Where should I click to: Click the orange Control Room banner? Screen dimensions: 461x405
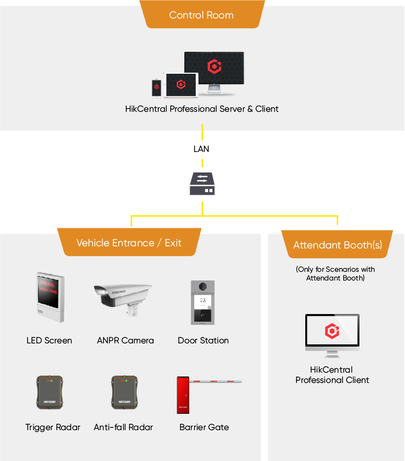[x=201, y=15]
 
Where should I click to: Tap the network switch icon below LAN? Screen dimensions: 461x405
[x=202, y=183]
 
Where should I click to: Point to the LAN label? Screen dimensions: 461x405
[x=202, y=149]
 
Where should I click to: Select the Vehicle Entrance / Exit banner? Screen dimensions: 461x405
[x=129, y=242]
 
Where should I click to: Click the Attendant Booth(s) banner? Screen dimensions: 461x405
[x=337, y=245]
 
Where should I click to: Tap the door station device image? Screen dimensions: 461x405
[x=203, y=303]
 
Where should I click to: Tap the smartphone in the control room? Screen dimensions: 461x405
[x=157, y=87]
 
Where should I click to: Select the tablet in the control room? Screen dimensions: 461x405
[x=181, y=85]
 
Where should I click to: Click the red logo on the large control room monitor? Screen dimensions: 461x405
[x=214, y=67]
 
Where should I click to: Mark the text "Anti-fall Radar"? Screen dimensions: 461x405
[x=123, y=427]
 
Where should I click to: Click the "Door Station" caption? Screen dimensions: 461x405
[x=203, y=341]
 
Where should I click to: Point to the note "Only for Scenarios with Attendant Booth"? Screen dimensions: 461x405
[x=335, y=273]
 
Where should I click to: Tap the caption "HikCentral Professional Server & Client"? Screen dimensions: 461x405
[x=202, y=109]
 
